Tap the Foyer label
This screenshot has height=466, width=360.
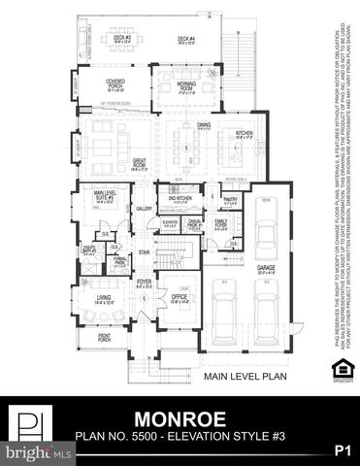[x=144, y=284]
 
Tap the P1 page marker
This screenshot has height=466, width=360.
[x=341, y=449]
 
